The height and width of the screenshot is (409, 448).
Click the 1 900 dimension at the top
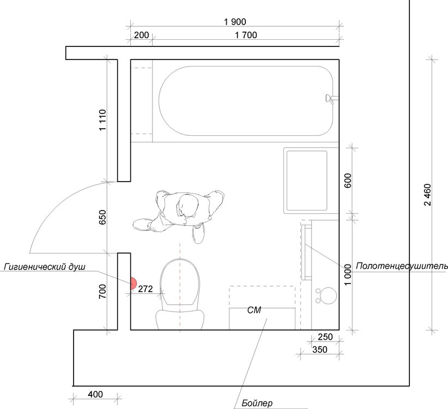pos(235,22)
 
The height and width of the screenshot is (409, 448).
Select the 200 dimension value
pos(141,35)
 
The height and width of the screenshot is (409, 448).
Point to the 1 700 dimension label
pos(246,35)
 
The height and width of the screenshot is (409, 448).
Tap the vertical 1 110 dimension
pos(102,120)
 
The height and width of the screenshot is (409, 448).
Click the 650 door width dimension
pos(102,217)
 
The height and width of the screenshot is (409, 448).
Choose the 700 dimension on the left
pos(102,292)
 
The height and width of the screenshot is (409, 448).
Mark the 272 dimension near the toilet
pos(146,289)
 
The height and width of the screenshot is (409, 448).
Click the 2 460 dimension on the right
pos(427,195)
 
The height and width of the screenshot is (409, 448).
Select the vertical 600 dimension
pos(348,181)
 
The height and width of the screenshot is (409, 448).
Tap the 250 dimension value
pos(325,337)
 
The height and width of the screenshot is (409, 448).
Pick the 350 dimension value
pos(320,350)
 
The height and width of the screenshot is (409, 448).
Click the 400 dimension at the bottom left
pos(95,394)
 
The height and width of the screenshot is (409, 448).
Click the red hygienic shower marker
pos(133,283)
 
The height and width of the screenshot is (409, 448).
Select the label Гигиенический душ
pos(45,267)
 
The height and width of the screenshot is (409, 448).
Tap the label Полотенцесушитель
pos(402,266)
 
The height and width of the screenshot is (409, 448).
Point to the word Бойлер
pos(257,404)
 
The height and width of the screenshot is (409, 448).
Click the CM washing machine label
pos(255,310)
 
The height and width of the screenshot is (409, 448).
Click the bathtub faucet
pos(331,99)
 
